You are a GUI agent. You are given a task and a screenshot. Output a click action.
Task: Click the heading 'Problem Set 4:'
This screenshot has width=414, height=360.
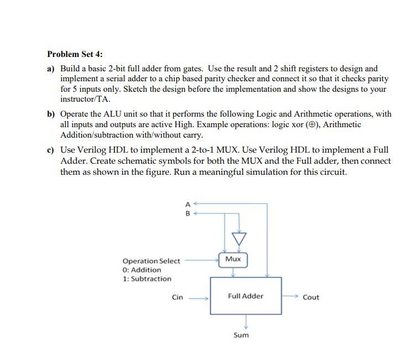pos(75,54)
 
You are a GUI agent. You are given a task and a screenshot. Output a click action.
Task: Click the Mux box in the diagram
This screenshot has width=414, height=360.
pos(233,259)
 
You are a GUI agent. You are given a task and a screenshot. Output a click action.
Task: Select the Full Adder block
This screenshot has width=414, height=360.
pos(245,296)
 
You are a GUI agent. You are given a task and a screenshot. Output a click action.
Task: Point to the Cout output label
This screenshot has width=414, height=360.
pos(311,297)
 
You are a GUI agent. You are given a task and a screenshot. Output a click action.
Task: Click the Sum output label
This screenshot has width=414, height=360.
pos(241,335)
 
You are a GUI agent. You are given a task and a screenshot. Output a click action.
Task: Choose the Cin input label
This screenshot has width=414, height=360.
pos(177,297)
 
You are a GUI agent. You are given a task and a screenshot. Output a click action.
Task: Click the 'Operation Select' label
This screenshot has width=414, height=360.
pos(151,260)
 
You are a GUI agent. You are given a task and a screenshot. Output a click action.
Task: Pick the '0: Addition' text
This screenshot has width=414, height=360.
pos(142,269)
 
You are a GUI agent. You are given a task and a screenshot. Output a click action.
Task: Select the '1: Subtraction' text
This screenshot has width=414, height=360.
pos(147,279)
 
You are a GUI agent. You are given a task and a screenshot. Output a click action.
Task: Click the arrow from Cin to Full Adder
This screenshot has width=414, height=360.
pos(198,298)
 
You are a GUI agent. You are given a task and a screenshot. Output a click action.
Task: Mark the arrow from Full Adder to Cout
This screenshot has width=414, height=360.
pos(290,296)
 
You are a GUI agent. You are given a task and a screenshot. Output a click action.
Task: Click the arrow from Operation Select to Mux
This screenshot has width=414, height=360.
pos(202,259)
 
